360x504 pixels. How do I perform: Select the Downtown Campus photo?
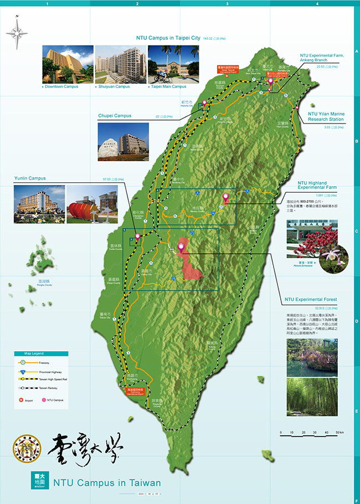tap(68, 64)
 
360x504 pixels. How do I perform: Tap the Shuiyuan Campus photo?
tap(120, 64)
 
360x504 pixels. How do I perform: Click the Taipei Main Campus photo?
tap(173, 64)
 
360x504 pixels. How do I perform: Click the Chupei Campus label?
tap(115, 116)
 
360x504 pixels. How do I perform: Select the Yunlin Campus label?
tap(30, 178)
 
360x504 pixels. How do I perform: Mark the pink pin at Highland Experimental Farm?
tap(225, 197)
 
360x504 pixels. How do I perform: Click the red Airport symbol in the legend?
tap(22, 399)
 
